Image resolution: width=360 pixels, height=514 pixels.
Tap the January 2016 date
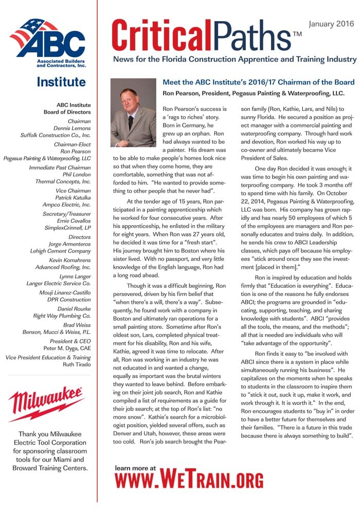(331, 24)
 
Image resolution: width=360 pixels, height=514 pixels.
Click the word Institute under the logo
(61, 82)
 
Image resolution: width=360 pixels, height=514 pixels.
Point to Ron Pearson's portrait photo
(133, 113)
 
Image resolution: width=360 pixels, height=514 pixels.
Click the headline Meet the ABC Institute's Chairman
(258, 82)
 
